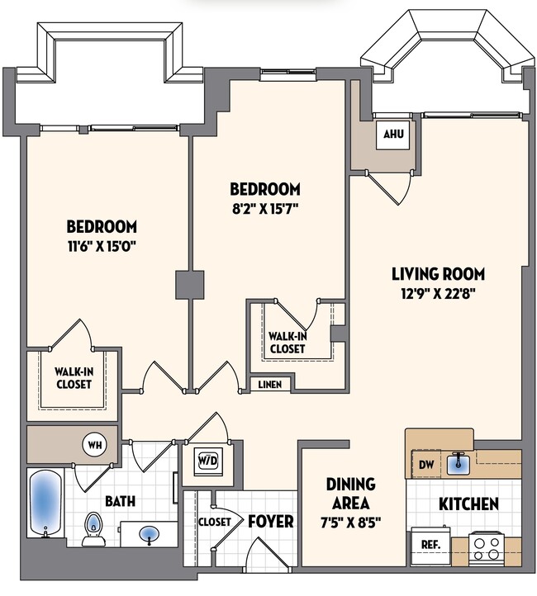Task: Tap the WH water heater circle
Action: [93, 445]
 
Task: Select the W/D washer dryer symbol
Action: [206, 459]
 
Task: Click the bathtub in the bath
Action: [41, 503]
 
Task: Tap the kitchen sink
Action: [459, 464]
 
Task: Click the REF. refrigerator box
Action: [430, 546]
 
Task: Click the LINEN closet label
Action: [269, 386]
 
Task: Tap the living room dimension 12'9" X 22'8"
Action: [438, 291]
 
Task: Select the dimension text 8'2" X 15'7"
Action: [264, 207]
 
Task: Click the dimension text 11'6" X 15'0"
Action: [102, 244]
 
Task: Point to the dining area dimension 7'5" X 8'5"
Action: [350, 522]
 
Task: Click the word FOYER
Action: [270, 522]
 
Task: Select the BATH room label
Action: [120, 500]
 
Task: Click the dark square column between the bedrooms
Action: [189, 285]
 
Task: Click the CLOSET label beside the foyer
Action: [214, 522]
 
